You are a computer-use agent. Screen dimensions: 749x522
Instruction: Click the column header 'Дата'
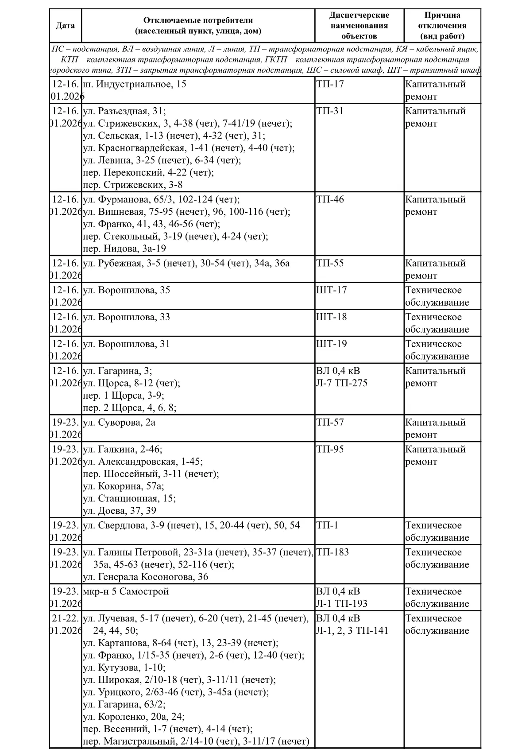coord(65,25)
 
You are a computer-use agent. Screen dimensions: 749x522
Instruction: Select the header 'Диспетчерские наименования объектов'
coord(359,25)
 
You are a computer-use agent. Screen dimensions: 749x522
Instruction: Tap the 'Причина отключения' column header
coord(442,25)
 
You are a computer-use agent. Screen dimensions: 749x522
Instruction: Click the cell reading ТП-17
coord(330,84)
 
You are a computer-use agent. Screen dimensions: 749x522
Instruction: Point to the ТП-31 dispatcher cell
coord(330,111)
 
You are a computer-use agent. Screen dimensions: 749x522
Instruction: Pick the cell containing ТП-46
coord(330,200)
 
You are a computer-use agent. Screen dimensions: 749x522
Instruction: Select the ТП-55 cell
coord(330,264)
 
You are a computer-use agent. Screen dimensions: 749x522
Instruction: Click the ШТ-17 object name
coord(332,291)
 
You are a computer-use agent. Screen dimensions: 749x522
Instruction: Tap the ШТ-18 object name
coord(332,318)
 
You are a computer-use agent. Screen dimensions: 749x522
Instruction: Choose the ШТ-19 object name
coord(332,345)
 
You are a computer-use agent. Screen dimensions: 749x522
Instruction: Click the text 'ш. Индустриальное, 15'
coord(135,84)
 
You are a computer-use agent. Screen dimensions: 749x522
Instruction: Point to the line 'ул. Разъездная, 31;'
coord(124,111)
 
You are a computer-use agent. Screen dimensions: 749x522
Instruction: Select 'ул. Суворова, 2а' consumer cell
coord(119,423)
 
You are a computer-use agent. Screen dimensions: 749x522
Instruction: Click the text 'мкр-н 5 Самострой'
coord(126,592)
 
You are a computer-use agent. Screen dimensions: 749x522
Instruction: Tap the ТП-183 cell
coord(333,552)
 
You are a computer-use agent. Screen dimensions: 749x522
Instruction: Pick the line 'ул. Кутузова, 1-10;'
coord(124,668)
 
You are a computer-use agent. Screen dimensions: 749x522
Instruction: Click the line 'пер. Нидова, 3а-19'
coord(124,249)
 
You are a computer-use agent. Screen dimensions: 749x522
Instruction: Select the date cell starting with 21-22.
coord(65,625)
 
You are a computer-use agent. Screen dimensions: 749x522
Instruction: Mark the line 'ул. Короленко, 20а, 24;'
coord(134,717)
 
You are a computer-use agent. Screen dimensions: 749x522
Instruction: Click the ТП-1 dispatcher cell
coord(327,526)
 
